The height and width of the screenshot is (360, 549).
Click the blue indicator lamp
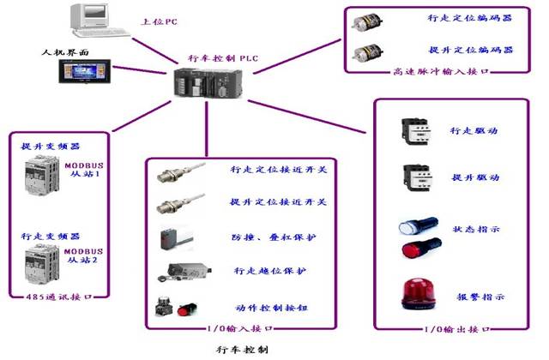click(x=411, y=228)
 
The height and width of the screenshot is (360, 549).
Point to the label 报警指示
click(x=477, y=297)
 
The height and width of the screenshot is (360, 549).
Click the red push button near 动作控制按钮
click(x=183, y=307)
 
